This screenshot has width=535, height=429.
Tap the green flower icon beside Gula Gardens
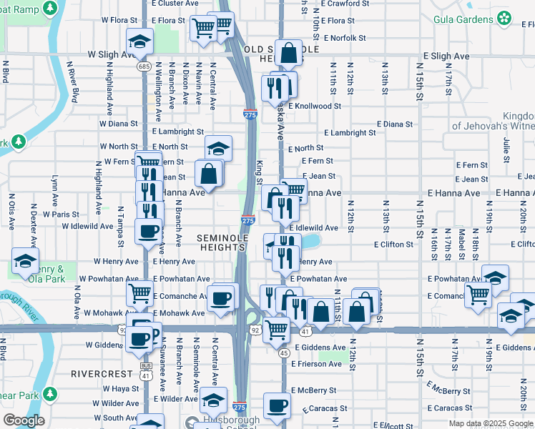click(505, 16)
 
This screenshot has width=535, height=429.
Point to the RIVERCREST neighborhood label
click(102, 374)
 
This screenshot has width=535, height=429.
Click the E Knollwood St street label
click(316, 106)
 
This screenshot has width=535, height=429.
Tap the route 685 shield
click(143, 66)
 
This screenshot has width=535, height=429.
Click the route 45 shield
click(284, 352)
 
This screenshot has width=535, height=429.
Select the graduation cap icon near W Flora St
click(140, 40)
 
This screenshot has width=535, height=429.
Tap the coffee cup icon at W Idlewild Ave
click(149, 232)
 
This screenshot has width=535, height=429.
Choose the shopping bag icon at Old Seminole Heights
click(288, 52)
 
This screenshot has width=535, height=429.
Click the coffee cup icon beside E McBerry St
click(277, 405)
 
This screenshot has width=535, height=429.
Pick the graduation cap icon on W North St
click(219, 148)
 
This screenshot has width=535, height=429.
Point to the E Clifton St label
click(393, 245)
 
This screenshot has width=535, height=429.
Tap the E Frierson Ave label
click(316, 364)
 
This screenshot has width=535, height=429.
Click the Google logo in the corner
click(24, 420)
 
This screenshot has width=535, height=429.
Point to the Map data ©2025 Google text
click(491, 423)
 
